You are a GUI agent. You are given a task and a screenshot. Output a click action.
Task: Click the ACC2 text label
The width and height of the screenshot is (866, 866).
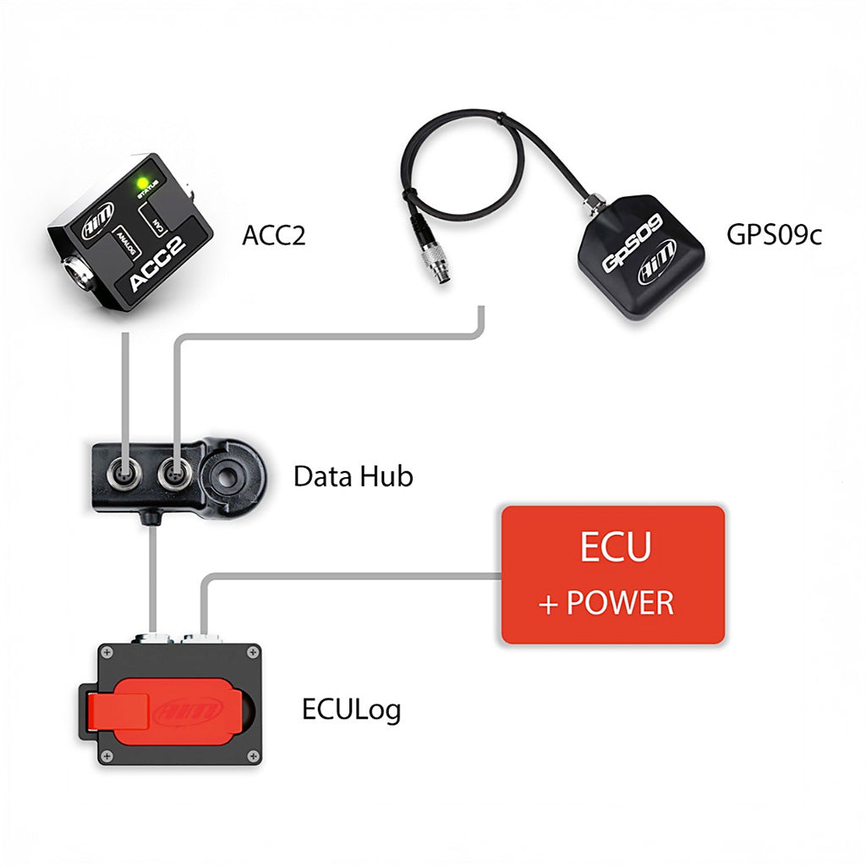pyautogui.click(x=273, y=235)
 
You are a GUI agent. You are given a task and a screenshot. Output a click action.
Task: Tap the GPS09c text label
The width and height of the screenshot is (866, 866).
pyautogui.click(x=774, y=234)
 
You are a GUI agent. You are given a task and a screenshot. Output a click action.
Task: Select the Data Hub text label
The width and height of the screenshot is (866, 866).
pyautogui.click(x=353, y=476)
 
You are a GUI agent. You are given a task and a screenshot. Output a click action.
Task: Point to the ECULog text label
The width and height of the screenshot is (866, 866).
pyautogui.click(x=351, y=709)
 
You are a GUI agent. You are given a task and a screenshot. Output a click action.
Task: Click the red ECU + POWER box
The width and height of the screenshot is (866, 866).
pyautogui.click(x=613, y=575)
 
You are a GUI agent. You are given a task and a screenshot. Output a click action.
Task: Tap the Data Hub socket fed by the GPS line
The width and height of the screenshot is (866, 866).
pyautogui.click(x=174, y=467)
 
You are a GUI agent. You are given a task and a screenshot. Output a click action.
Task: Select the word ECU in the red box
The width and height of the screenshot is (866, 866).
pyautogui.click(x=615, y=547)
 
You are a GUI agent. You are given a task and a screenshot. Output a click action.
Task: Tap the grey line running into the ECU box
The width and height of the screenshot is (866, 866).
pyautogui.click(x=355, y=577)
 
